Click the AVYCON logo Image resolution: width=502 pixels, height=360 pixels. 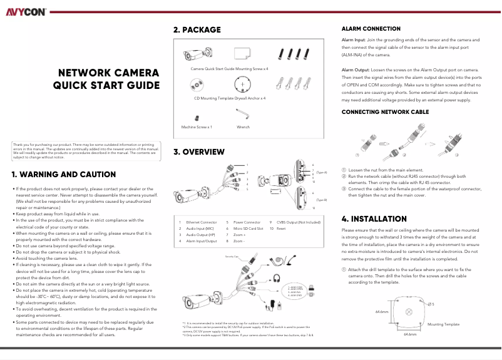pos(26,11)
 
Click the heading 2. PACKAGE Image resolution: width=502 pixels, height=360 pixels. pos(197,29)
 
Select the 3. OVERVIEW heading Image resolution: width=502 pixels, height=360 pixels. pos(198,152)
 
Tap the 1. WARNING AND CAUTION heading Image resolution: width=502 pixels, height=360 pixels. pos(63,175)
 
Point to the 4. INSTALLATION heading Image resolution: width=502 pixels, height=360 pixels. pos(374,219)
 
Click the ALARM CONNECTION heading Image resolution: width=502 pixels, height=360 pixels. pos(371,29)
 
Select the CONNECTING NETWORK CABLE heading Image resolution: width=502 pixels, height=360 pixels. pos(385,111)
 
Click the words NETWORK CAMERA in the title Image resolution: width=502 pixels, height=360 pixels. pos(108,73)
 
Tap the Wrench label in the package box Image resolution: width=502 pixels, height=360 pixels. pos(243,126)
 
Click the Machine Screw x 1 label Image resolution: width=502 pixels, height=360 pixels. pos(197,126)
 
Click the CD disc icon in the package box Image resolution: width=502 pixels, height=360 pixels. pos(198,84)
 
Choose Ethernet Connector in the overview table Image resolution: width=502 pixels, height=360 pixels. pos(202,222)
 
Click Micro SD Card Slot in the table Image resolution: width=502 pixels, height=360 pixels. pos(248,229)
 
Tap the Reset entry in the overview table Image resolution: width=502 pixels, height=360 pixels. pos(281,229)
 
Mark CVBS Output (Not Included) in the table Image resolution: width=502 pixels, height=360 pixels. pos(299,222)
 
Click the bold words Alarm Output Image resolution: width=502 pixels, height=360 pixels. pos(356,69)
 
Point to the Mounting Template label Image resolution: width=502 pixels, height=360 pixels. pos(443,324)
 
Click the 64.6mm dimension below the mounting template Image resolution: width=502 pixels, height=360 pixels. pos(411,334)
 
